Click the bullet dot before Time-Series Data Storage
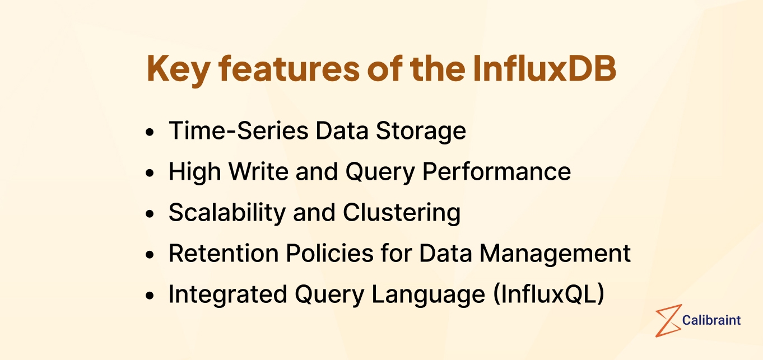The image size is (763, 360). click(x=149, y=133)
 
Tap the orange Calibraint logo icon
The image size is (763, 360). click(x=668, y=321)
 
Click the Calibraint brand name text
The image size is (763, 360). click(x=711, y=320)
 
